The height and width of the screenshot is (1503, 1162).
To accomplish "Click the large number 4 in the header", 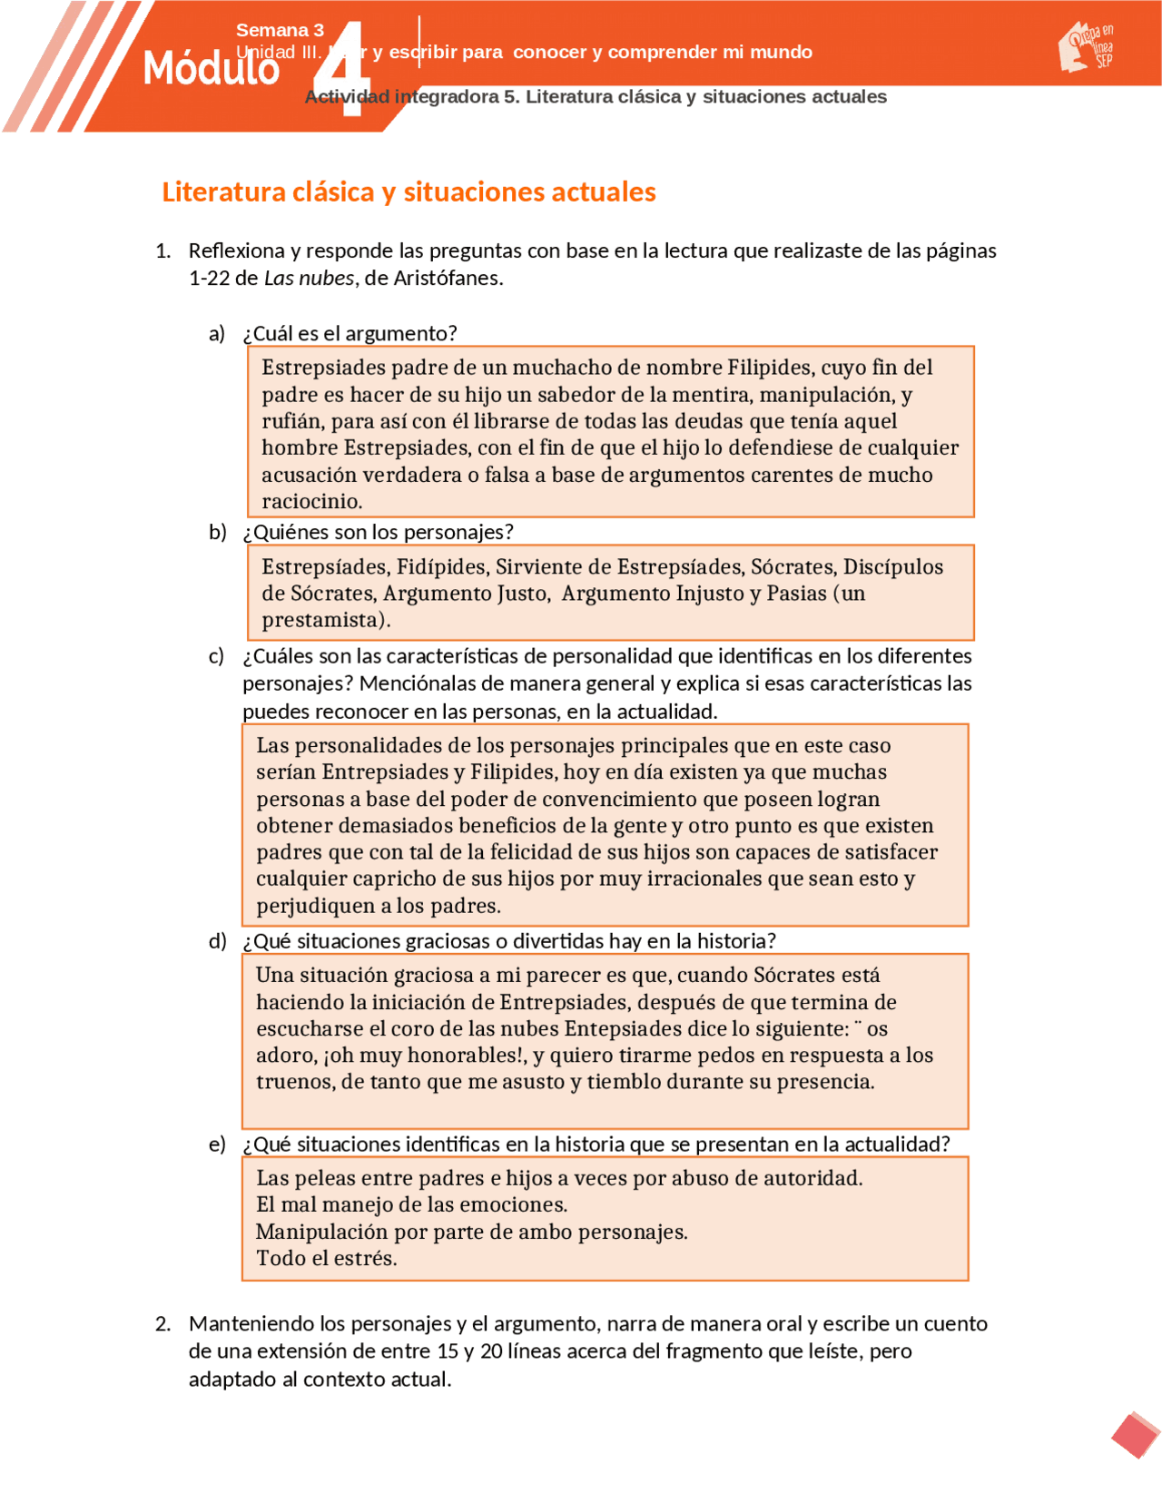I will [x=344, y=71].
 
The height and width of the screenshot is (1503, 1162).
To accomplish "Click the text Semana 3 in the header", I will [x=280, y=30].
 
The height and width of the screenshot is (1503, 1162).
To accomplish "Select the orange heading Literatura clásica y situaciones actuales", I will [x=409, y=192].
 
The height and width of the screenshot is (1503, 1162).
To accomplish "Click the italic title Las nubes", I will [x=309, y=279].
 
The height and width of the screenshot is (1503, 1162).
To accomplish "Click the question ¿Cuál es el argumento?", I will [x=350, y=333].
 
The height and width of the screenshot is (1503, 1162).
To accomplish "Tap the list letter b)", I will [x=217, y=532].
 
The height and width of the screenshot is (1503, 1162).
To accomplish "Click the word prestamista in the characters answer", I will [x=320, y=620].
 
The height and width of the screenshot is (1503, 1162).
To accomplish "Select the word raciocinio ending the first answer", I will [x=310, y=501].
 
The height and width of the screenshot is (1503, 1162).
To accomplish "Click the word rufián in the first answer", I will [x=290, y=421].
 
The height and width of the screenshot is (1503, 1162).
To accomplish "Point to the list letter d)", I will [x=217, y=941].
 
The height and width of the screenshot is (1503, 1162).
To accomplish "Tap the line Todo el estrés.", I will [x=326, y=1258].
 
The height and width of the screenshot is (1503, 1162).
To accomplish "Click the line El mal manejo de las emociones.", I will [x=411, y=1204].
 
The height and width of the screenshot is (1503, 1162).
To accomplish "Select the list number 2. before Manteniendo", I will [x=162, y=1324].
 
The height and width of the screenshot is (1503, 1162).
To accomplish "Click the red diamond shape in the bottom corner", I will [x=1135, y=1435].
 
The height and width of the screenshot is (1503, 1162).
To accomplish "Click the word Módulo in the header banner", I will [x=211, y=69].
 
